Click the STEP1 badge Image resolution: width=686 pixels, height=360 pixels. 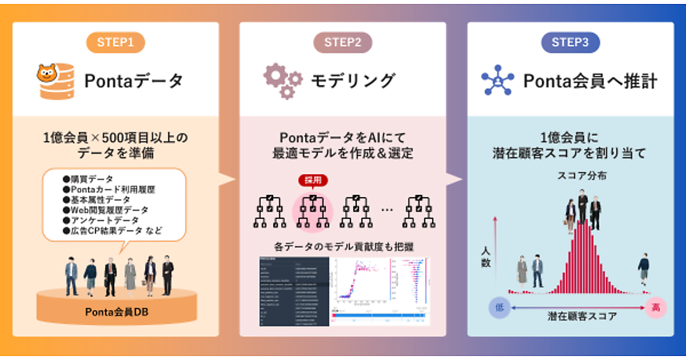click(x=115, y=42)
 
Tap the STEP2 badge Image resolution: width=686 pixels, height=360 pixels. click(x=343, y=42)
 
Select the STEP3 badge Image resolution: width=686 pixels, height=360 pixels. click(x=570, y=42)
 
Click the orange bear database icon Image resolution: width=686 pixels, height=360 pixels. click(x=55, y=81)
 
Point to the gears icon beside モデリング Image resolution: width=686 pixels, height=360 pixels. click(x=282, y=81)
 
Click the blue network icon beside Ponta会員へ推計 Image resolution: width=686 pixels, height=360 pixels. click(x=497, y=81)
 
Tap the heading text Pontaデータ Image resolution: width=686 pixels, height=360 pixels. click(x=134, y=81)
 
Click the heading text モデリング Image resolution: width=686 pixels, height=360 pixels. click(x=353, y=81)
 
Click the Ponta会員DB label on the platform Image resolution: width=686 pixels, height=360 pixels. click(x=115, y=312)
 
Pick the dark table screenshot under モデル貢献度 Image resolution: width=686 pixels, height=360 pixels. click(x=294, y=291)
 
